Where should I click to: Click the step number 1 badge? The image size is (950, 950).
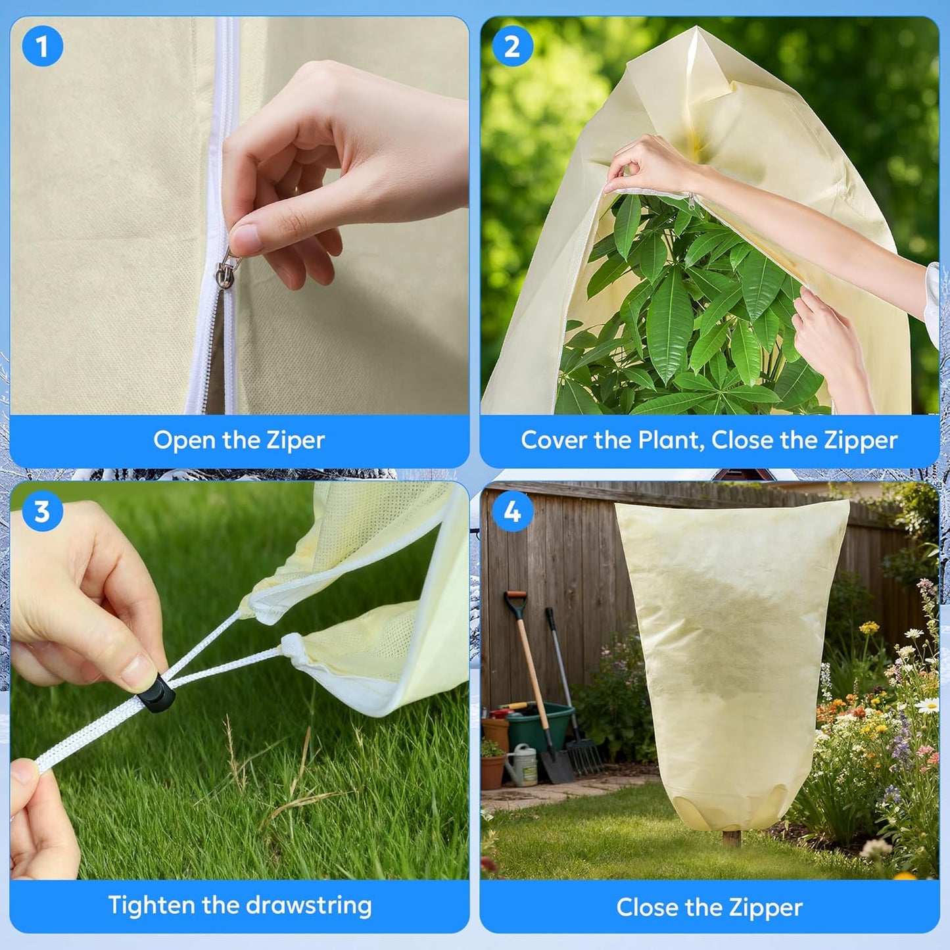(42, 47)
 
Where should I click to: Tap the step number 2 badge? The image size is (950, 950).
(512, 47)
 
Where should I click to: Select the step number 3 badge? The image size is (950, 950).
(42, 511)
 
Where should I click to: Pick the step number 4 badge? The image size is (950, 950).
(512, 511)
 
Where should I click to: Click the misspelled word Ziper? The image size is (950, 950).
(295, 440)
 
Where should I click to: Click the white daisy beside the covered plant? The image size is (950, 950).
(927, 706)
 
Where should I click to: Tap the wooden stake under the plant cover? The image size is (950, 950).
(730, 839)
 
